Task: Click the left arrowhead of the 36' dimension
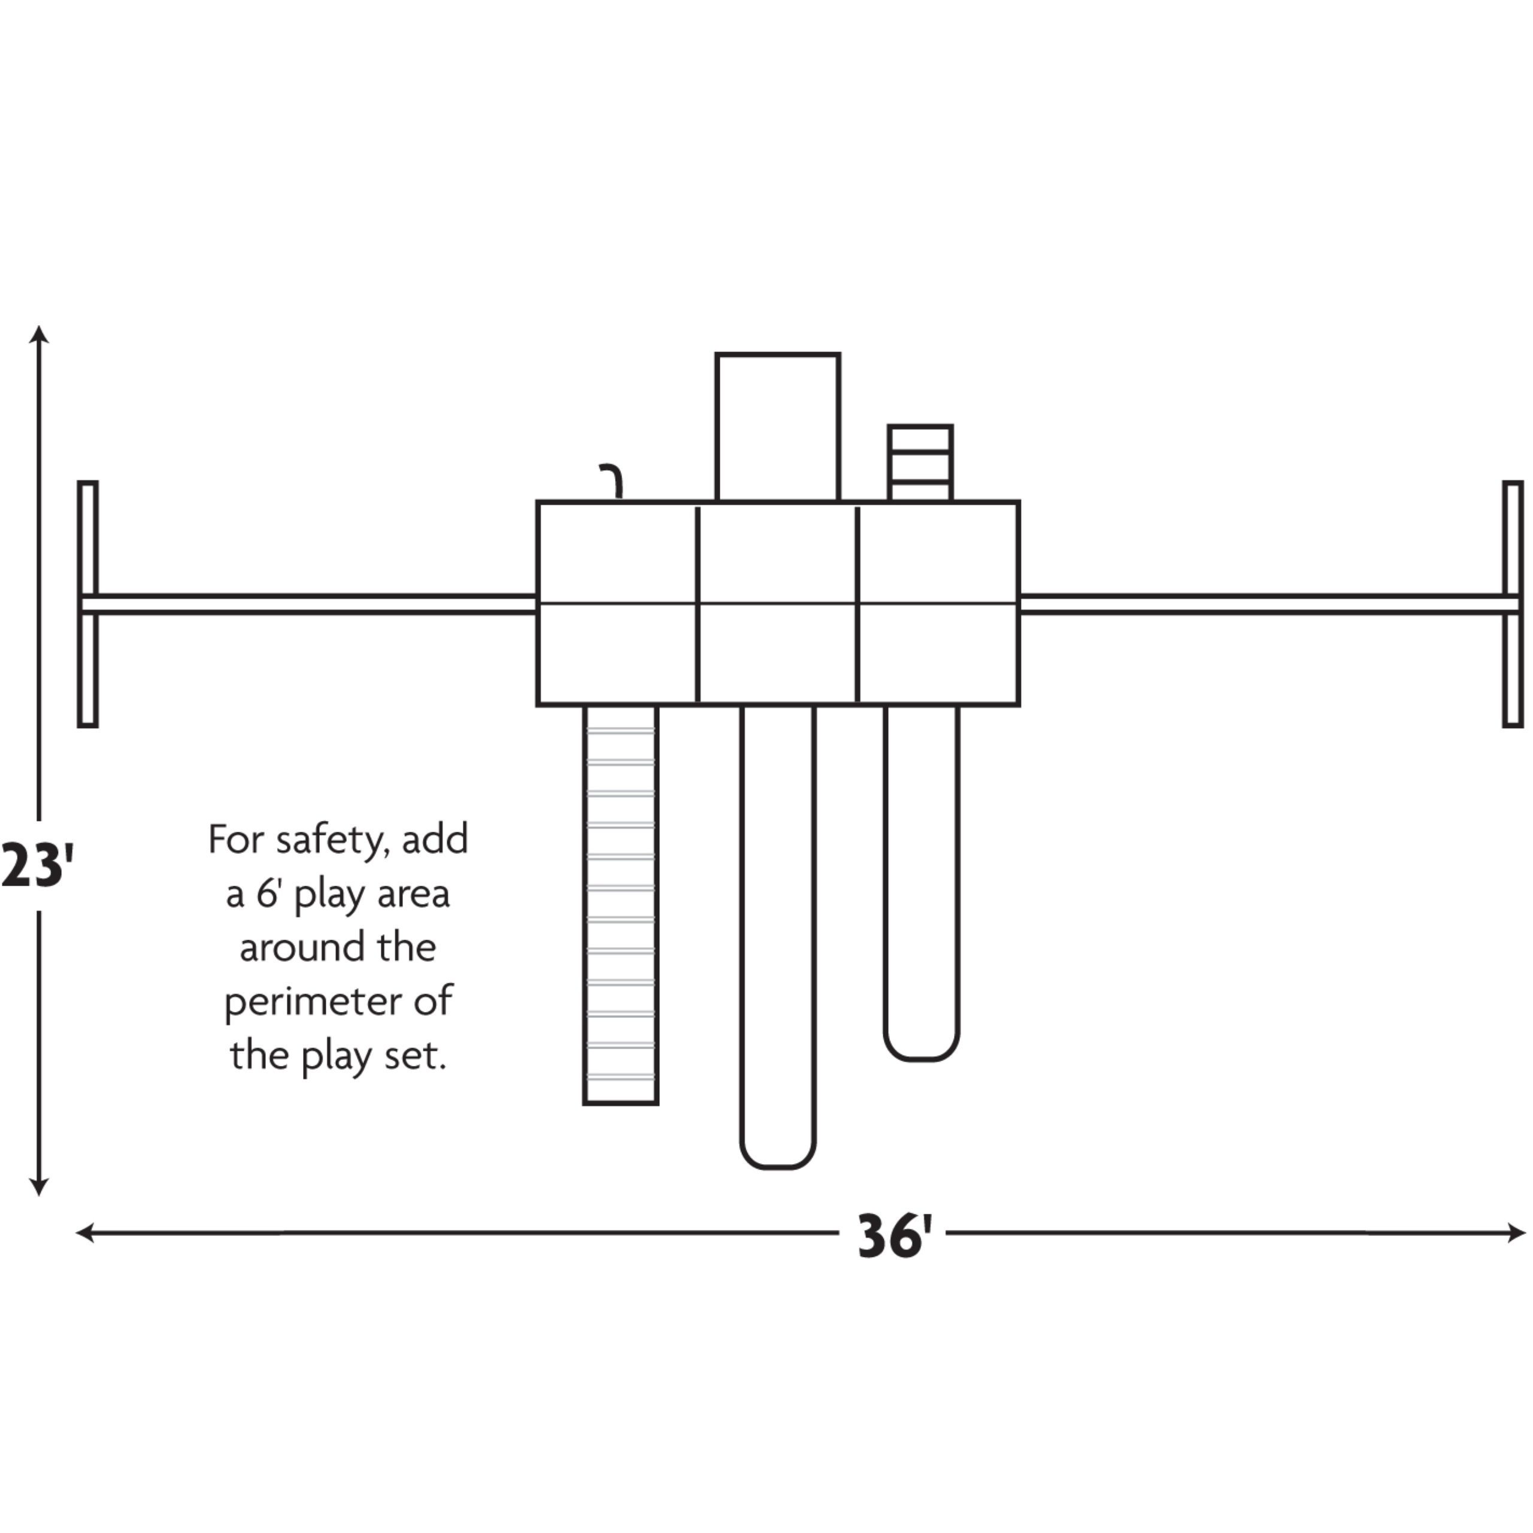[84, 1233]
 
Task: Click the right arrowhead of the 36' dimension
[1517, 1233]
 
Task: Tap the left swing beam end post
[88, 604]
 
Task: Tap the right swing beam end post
[1513, 604]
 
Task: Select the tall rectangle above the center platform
[778, 427]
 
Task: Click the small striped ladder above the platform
[920, 463]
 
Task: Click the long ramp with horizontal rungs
[620, 905]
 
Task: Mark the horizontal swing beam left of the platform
[310, 605]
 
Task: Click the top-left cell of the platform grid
[617, 553]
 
